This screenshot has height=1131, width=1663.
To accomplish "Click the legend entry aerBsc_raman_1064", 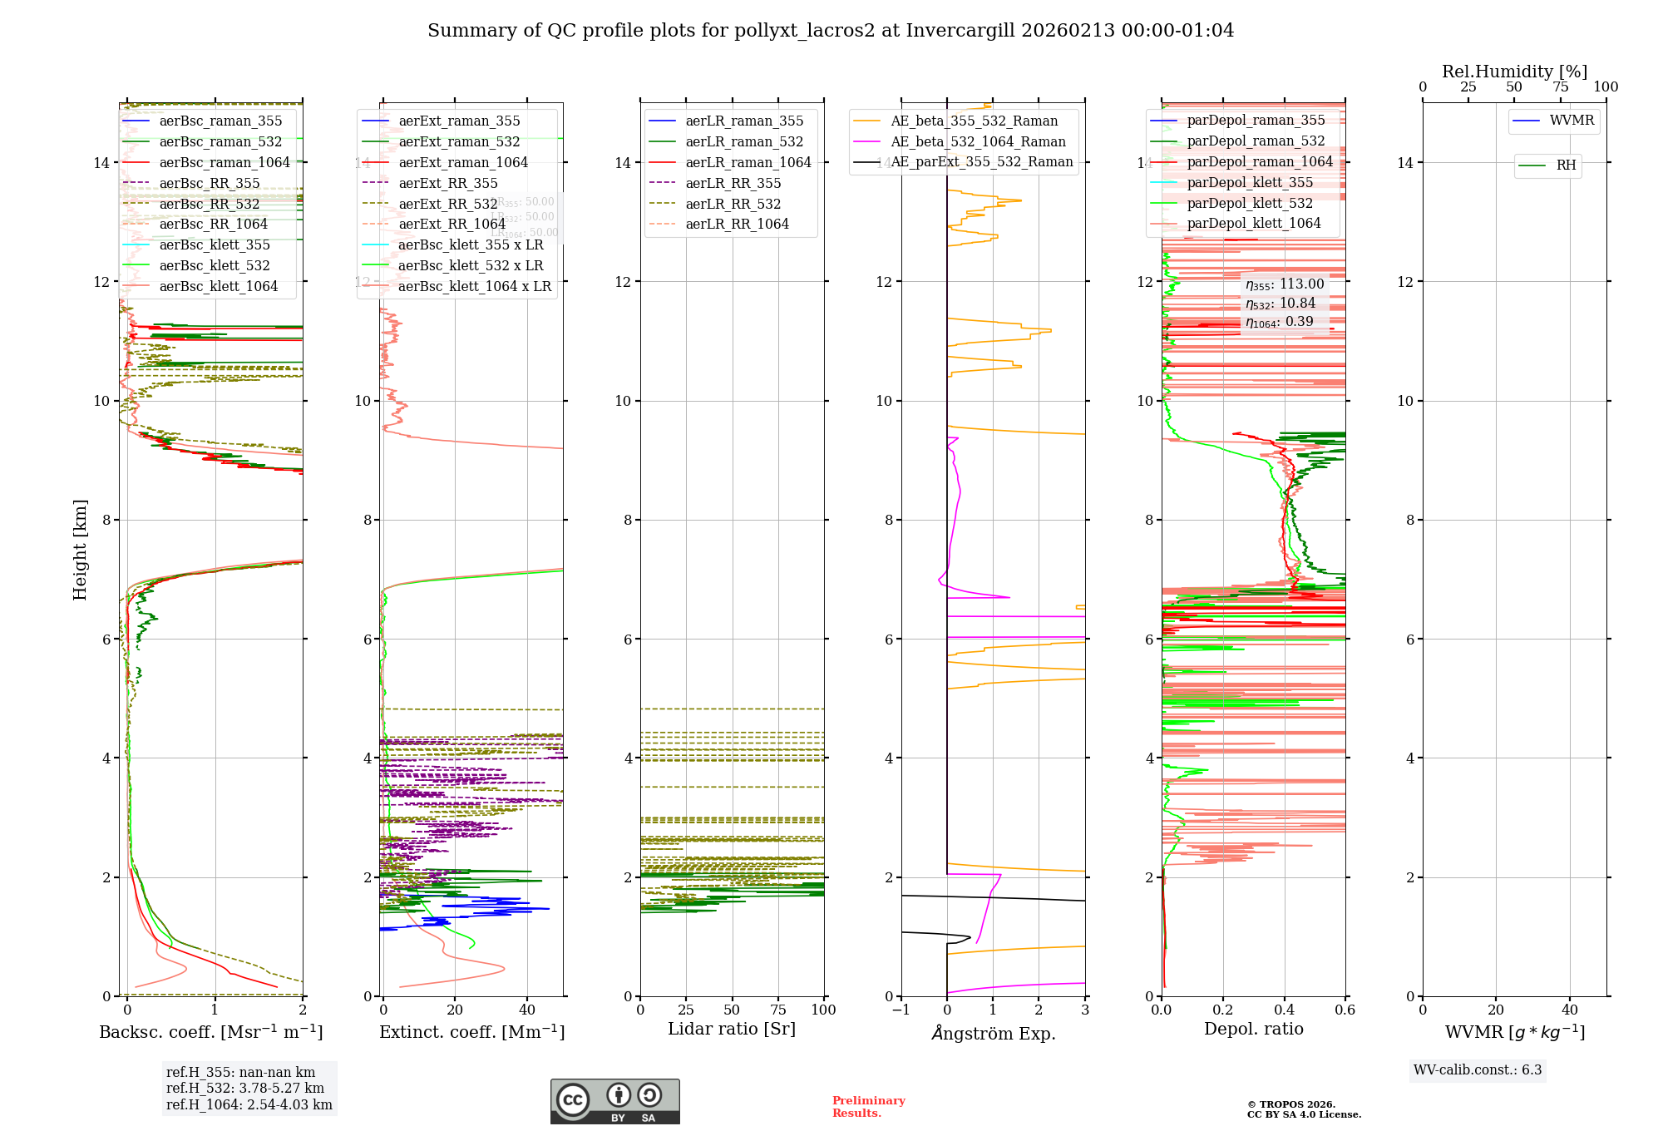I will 225,162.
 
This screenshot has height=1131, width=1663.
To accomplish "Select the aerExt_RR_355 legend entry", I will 448,183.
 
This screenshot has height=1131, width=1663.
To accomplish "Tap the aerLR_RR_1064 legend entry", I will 737,224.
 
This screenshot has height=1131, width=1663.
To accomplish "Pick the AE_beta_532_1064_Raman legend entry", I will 978,141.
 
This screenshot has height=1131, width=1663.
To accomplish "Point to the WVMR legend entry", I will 1572,121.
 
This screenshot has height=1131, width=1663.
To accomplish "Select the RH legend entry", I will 1566,165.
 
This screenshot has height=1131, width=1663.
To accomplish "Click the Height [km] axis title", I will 80,550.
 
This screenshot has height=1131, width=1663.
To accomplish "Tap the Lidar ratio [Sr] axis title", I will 732,1029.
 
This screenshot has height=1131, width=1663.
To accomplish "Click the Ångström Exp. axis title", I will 994,1033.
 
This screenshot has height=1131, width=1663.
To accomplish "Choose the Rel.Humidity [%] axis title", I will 1514,72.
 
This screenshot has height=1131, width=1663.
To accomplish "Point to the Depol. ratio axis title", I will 1253,1029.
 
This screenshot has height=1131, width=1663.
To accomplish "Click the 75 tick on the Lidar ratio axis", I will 778,1010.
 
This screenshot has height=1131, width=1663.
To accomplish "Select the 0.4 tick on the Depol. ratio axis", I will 1284,1010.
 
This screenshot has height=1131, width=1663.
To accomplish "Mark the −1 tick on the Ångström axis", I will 901,1010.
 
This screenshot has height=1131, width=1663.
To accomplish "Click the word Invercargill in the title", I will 960,31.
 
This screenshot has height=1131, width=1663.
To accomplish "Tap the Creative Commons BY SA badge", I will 614,1101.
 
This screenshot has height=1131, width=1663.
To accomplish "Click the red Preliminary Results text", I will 868,1106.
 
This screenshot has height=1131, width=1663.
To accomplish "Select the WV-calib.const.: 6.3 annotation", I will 1478,1069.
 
